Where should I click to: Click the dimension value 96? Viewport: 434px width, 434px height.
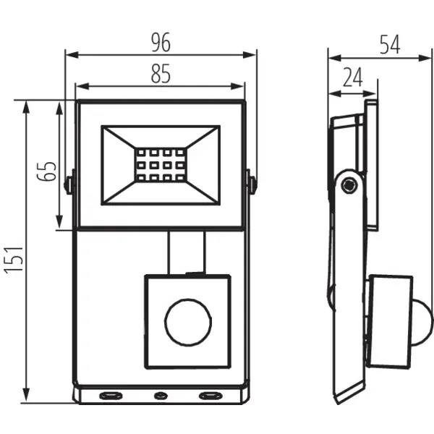161,43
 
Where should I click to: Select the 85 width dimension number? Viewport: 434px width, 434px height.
161,73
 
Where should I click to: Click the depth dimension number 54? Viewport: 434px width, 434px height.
391,44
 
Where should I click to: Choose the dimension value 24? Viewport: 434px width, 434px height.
352,77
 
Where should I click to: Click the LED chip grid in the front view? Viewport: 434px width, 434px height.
159,165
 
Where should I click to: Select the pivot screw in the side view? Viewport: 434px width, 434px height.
350,185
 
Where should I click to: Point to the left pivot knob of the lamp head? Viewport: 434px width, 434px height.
69,184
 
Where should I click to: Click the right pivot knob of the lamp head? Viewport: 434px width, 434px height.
251,184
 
